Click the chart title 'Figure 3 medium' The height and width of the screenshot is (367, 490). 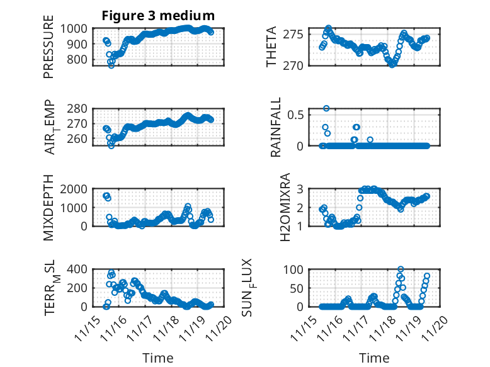coord(158,16)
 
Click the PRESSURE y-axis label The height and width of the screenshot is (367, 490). coord(48,50)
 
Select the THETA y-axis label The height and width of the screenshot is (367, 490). coord(271,47)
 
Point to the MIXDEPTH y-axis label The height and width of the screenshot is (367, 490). coord(48,208)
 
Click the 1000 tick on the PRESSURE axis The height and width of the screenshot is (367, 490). coord(77,28)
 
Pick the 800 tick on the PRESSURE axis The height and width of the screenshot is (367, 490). coord(79,60)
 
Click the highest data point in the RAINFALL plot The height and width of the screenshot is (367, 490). coord(326,108)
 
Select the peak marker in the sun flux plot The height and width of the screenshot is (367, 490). coord(401,269)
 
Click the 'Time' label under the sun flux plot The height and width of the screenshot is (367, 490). coord(374,358)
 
